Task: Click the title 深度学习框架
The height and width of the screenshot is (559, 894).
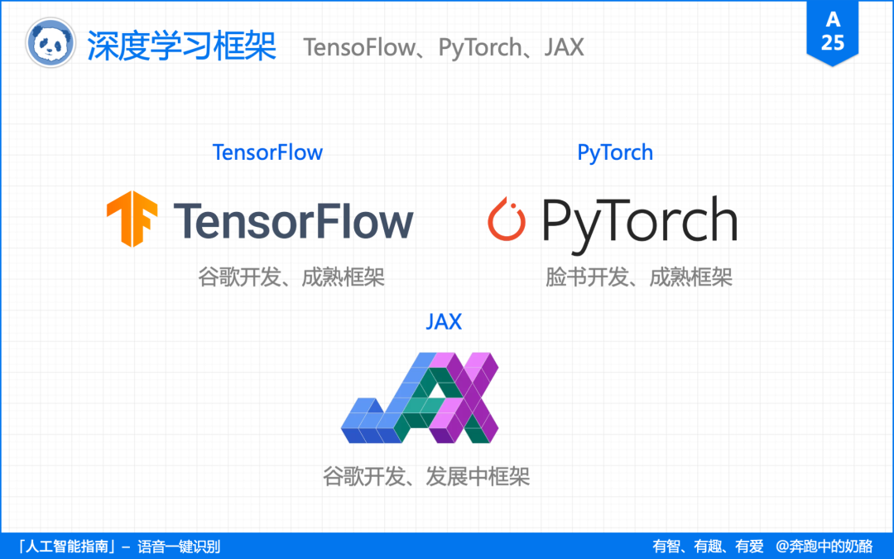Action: [x=181, y=46]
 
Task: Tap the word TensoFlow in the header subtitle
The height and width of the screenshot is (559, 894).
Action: [x=358, y=47]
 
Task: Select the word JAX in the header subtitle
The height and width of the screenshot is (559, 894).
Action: [x=564, y=47]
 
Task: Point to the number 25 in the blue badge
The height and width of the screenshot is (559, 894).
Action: [x=833, y=42]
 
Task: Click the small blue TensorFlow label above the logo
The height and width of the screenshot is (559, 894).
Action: [x=267, y=152]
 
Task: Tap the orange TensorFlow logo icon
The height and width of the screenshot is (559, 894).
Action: [x=132, y=219]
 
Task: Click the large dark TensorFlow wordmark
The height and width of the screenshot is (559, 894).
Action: [x=293, y=221]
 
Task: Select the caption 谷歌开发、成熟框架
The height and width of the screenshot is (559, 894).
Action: [x=291, y=277]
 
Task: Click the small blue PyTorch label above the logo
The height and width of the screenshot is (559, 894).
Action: [x=615, y=152]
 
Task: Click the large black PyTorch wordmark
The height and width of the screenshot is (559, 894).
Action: [x=639, y=221]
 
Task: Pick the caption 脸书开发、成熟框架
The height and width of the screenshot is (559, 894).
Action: [x=639, y=277]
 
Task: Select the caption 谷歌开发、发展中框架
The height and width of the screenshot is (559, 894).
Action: [x=426, y=477]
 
